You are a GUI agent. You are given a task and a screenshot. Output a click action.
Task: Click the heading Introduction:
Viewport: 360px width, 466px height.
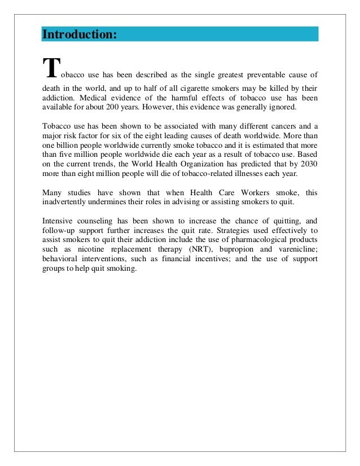click(x=80, y=34)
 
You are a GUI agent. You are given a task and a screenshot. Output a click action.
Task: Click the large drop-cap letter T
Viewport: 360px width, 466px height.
click(x=50, y=69)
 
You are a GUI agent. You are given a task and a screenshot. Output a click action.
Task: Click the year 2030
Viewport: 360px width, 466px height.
click(x=306, y=163)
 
